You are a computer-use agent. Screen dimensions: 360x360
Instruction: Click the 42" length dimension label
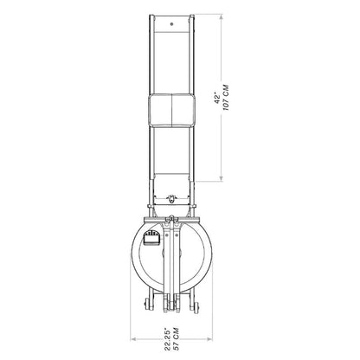tap(217, 98)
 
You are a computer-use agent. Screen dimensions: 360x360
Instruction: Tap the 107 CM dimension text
tap(226, 98)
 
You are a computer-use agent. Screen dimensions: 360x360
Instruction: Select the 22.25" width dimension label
tap(168, 339)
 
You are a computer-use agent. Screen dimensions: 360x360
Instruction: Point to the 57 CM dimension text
tap(176, 339)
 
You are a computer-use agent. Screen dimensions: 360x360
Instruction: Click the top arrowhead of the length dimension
tap(222, 16)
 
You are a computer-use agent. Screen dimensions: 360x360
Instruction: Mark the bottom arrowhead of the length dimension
tap(222, 179)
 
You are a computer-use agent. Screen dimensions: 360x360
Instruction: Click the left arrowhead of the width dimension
tap(133, 339)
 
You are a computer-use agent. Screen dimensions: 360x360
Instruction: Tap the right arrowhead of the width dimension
tap(209, 339)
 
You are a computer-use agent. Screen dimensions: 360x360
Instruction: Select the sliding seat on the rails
tap(171, 110)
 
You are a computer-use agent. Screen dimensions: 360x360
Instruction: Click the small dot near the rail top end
tap(172, 24)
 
